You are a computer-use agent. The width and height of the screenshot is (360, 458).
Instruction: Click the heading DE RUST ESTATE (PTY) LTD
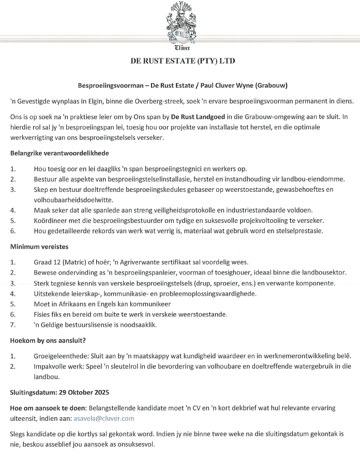[x=182, y=60]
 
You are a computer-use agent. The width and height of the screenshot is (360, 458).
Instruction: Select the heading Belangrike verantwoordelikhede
[x=59, y=153]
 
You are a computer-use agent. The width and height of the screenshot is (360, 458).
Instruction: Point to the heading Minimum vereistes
[x=40, y=246]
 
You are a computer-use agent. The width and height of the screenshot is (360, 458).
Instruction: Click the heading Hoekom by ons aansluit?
[x=48, y=340]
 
